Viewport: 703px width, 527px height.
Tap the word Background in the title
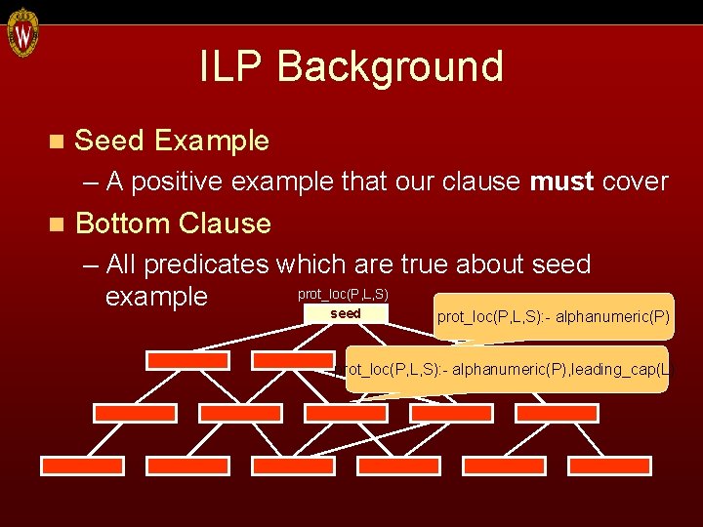point(391,67)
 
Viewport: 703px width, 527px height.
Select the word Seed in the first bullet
point(109,141)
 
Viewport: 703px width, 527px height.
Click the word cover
point(636,182)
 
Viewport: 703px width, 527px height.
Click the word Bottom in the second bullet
point(124,223)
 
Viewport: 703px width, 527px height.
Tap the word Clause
point(227,223)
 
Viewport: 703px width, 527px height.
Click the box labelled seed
point(347,313)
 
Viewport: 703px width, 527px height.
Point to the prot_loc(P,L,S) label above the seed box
point(343,294)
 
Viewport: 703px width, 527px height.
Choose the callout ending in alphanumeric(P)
point(553,316)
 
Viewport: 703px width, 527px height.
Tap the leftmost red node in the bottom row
point(81,466)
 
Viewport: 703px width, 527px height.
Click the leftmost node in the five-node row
point(135,413)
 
